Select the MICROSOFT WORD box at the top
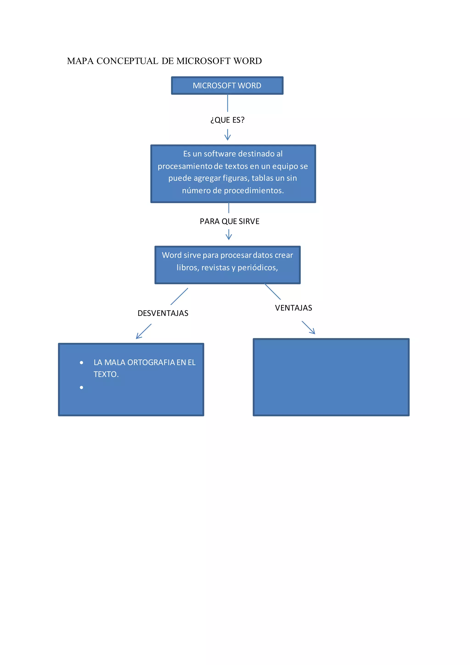pyautogui.click(x=227, y=86)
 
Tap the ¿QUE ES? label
pyautogui.click(x=227, y=120)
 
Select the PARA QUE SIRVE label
pyautogui.click(x=229, y=221)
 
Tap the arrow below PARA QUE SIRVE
pyautogui.click(x=229, y=235)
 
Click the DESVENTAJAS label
pyautogui.click(x=163, y=313)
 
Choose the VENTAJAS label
pyautogui.click(x=294, y=308)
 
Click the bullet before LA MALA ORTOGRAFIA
pyautogui.click(x=82, y=363)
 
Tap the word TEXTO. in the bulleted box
pyautogui.click(x=106, y=375)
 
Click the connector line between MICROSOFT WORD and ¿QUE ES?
pyautogui.click(x=227, y=103)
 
